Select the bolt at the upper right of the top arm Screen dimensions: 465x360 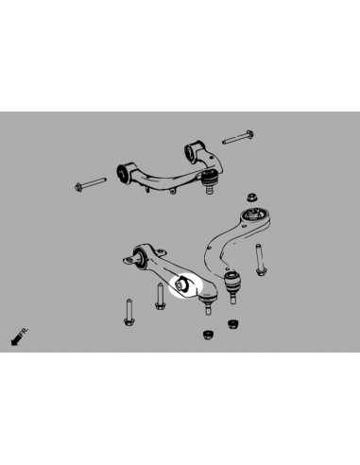236,139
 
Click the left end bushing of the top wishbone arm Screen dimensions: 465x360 124,172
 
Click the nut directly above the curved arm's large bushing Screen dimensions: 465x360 253,198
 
